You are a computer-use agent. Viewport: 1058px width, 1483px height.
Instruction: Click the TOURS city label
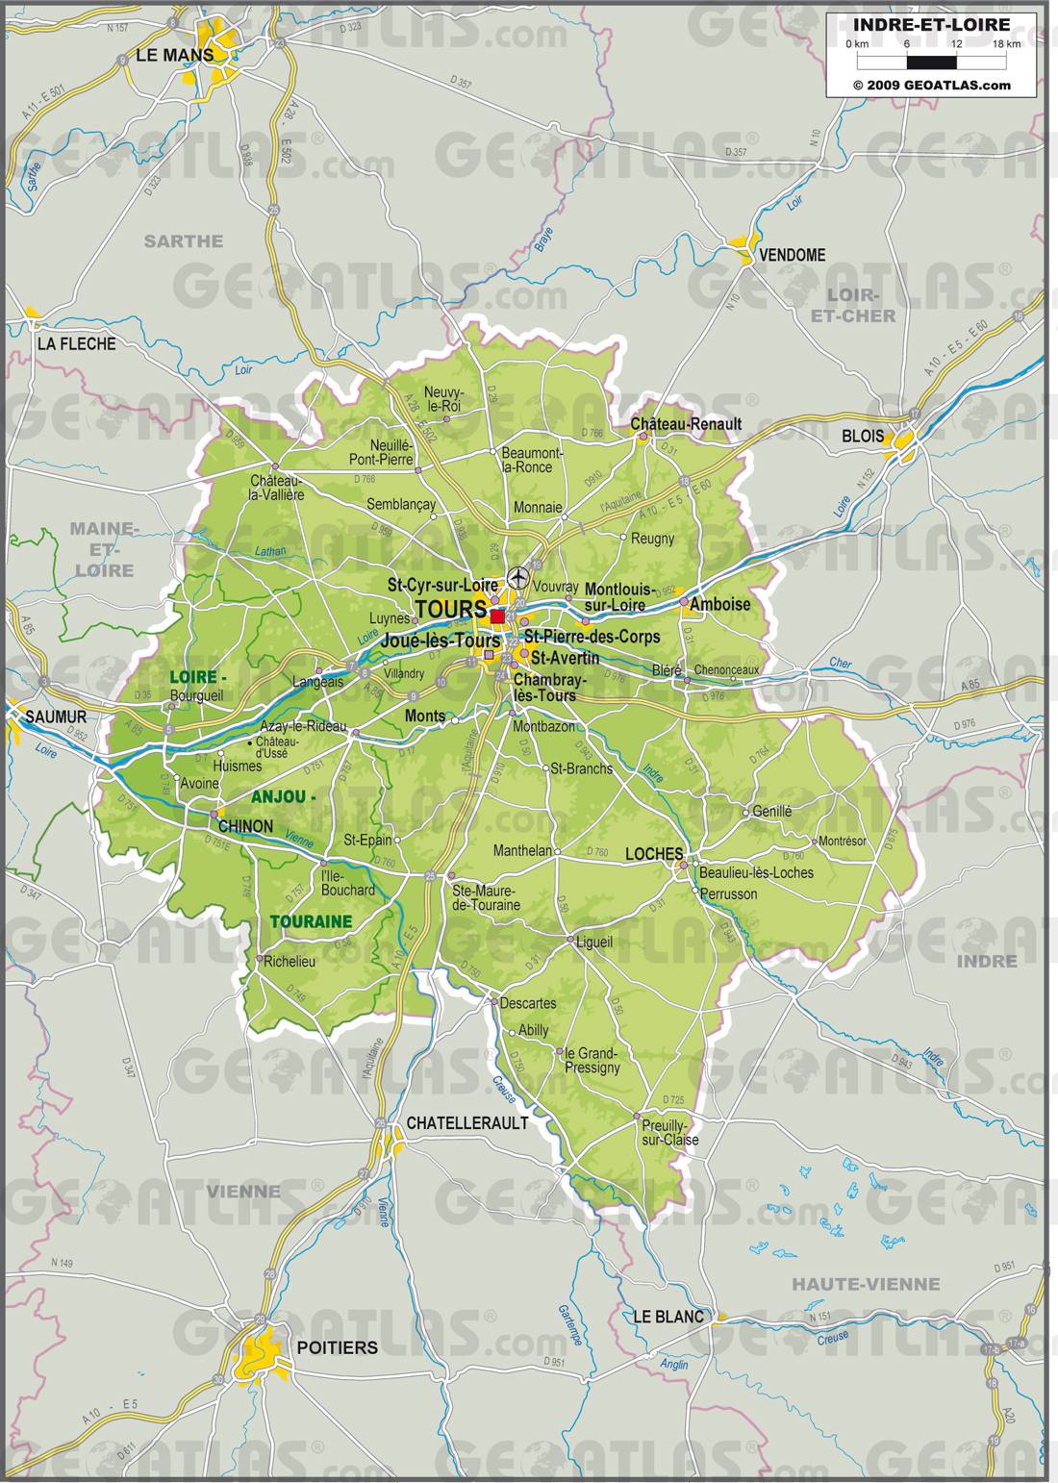pyautogui.click(x=450, y=609)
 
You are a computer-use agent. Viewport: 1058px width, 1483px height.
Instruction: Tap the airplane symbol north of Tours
pyautogui.click(x=518, y=577)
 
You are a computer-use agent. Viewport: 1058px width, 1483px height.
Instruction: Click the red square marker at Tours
pyautogui.click(x=497, y=616)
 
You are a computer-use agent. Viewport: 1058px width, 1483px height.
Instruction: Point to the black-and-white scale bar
pyautogui.click(x=931, y=63)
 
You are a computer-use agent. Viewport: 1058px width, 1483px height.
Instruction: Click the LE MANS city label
pyautogui.click(x=173, y=56)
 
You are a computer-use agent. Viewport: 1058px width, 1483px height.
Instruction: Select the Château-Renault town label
pyautogui.click(x=686, y=424)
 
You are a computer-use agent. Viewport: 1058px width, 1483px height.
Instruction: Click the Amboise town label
pyautogui.click(x=719, y=604)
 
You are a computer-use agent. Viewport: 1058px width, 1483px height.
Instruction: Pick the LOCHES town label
pyautogui.click(x=654, y=853)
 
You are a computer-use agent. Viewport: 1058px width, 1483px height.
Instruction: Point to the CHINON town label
pyautogui.click(x=245, y=826)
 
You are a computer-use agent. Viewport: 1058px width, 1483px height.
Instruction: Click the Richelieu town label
pyautogui.click(x=290, y=961)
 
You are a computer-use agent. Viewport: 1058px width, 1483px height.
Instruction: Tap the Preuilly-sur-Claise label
pyautogui.click(x=670, y=1132)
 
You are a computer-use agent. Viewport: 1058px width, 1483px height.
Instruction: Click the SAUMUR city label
pyautogui.click(x=56, y=716)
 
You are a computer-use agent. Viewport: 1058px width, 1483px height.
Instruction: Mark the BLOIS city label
pyautogui.click(x=862, y=436)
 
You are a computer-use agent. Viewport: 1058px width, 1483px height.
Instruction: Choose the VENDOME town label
pyautogui.click(x=793, y=255)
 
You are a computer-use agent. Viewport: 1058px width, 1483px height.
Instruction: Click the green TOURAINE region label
pyautogui.click(x=311, y=921)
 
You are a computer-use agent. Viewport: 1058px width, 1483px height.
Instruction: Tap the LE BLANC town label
pyautogui.click(x=668, y=1317)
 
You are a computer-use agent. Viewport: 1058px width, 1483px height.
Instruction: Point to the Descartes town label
pyautogui.click(x=528, y=1002)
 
